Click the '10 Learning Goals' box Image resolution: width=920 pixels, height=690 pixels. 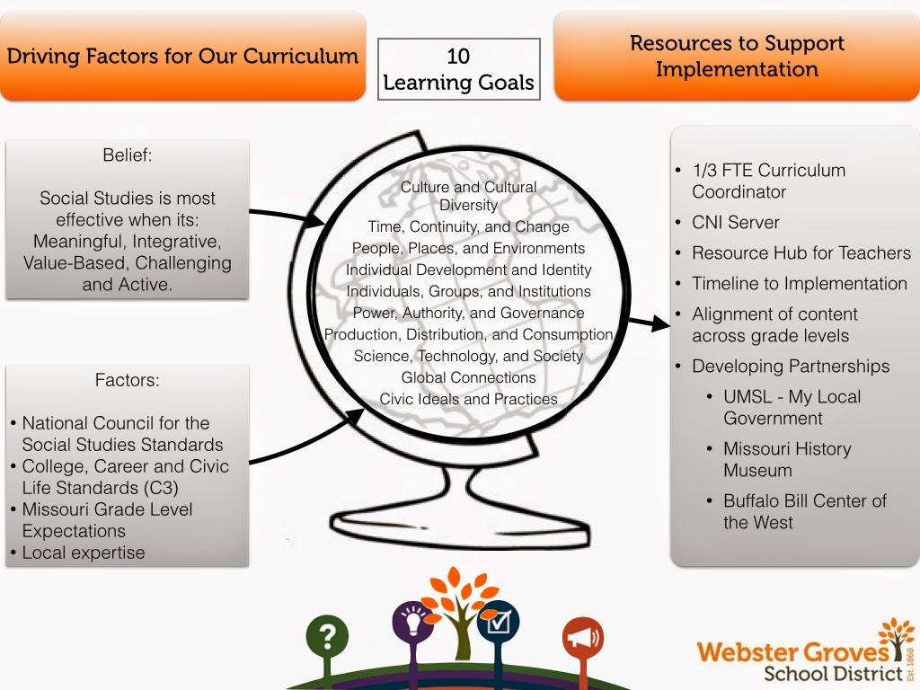coord(458,69)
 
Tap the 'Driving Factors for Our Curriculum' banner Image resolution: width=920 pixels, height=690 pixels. coord(182,57)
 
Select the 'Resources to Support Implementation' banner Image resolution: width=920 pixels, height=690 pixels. coord(737,56)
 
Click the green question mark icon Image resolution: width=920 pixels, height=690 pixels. coord(327,637)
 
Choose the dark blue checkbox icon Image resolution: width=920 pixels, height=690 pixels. coord(498,621)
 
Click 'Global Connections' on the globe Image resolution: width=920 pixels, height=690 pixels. coord(468,377)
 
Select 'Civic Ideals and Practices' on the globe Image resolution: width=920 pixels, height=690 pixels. coord(468,399)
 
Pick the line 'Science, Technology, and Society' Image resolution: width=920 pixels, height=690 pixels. coord(468,356)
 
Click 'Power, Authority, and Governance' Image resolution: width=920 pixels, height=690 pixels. coord(468,313)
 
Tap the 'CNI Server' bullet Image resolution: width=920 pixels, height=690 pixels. coord(735,222)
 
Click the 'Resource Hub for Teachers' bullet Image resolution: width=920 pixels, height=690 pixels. coord(801,252)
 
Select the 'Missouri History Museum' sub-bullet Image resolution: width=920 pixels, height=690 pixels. coord(787,459)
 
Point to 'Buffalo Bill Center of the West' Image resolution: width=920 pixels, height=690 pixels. coord(804,511)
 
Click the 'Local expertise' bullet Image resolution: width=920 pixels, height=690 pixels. coord(83,553)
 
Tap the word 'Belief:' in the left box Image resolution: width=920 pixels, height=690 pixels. coord(128,155)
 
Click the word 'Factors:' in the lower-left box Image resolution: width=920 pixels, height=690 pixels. coord(128,380)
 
